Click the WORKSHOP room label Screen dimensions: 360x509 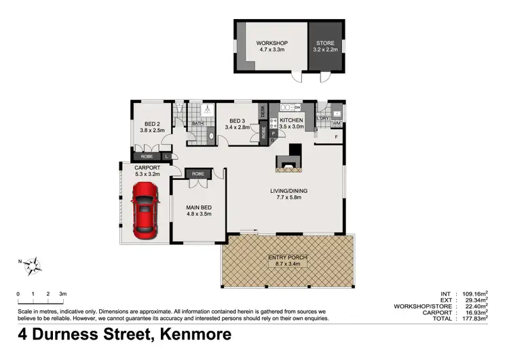click(x=271, y=43)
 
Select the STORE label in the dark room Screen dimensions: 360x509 click(x=326, y=43)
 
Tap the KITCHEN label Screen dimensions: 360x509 click(x=291, y=120)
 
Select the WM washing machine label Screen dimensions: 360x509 click(x=336, y=123)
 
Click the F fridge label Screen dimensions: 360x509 click(x=337, y=137)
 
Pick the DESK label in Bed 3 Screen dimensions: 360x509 click(x=263, y=111)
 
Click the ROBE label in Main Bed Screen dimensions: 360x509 click(x=198, y=174)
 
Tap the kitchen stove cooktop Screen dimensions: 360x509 click(x=274, y=122)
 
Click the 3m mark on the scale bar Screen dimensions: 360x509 click(x=62, y=293)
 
